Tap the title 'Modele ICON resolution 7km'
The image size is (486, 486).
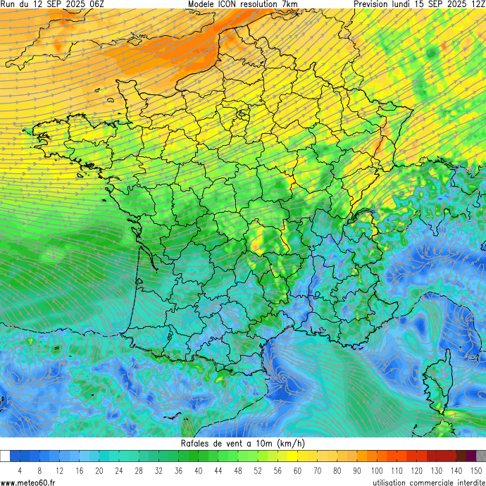243,4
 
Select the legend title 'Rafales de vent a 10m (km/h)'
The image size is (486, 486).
243,443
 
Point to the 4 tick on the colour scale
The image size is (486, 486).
20,470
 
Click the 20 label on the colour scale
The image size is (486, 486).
99,470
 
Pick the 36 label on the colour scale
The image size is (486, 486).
178,470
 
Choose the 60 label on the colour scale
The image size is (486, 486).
297,470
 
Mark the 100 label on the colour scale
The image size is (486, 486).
377,470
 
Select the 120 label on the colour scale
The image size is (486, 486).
416,470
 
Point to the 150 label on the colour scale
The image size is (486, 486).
476,470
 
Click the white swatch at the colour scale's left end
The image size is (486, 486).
5,456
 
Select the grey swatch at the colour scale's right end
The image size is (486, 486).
481,456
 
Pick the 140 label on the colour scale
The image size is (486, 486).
456,470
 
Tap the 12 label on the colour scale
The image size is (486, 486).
59,470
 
